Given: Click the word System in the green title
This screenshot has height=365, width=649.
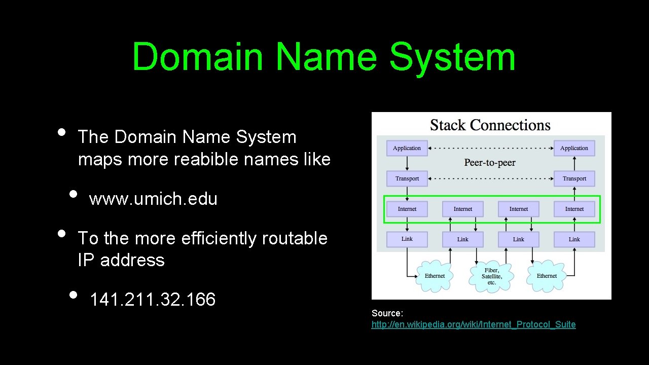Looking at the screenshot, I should click(x=452, y=57).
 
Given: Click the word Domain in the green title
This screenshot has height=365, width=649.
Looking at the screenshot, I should click(x=198, y=57).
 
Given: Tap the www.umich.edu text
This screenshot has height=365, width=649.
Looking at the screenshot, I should click(x=153, y=199).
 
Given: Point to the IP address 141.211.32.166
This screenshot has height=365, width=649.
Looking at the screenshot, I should click(x=153, y=300).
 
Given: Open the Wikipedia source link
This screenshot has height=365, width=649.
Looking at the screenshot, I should click(x=474, y=324).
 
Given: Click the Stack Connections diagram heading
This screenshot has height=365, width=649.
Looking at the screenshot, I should click(x=490, y=125).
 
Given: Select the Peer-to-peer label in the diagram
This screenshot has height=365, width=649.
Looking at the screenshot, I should click(x=490, y=163).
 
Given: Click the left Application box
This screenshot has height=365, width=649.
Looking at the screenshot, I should click(x=407, y=148).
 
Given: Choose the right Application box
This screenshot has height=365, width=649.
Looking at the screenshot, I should click(x=574, y=148).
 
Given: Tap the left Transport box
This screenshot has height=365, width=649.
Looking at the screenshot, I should click(x=407, y=178).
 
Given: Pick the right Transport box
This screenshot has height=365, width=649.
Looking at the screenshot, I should click(x=574, y=178).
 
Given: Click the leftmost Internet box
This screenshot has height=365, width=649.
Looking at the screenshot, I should click(x=407, y=209).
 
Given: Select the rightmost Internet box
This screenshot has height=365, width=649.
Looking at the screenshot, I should click(x=574, y=209).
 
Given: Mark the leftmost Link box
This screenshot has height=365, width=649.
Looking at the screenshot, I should click(x=407, y=239).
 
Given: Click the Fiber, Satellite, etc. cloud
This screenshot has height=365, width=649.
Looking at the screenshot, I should click(x=491, y=276).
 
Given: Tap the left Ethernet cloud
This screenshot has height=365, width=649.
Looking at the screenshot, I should click(x=435, y=276).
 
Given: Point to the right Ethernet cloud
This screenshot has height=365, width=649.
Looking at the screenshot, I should click(x=547, y=276).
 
